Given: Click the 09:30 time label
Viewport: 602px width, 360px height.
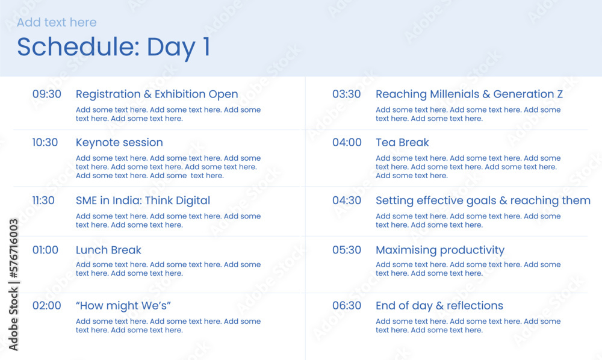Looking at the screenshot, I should click(46, 94).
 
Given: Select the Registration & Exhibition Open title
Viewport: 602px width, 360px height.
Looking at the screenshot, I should click(157, 94).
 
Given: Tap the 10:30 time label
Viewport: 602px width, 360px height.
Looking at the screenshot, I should click(45, 143).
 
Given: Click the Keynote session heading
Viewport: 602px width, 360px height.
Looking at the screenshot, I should click(119, 143).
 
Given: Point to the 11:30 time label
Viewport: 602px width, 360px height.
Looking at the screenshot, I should click(43, 200).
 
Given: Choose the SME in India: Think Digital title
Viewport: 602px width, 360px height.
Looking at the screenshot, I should click(143, 200).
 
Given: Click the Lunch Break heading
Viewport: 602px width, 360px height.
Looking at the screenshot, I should click(108, 250).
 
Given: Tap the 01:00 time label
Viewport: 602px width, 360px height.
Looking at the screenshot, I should click(45, 250).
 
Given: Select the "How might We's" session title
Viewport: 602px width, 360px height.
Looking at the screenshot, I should click(123, 305).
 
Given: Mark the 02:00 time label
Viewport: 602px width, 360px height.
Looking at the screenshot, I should click(46, 305).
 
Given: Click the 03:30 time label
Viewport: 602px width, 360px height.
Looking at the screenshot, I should click(347, 94).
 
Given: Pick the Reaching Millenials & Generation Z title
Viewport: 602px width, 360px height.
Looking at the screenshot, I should click(469, 94).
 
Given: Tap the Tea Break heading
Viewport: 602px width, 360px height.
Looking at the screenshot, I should click(402, 143).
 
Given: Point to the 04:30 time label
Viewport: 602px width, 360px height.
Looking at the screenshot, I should click(347, 200).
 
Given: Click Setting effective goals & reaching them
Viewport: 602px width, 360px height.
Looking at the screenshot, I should click(483, 200).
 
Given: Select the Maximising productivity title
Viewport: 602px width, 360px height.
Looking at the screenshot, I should click(440, 250).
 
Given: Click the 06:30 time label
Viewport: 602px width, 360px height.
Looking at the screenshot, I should click(347, 305).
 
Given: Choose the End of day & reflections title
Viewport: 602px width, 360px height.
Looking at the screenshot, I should click(439, 305).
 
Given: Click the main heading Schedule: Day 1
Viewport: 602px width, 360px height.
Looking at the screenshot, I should click(114, 47).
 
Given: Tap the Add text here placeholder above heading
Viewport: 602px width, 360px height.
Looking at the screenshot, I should click(57, 22).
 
